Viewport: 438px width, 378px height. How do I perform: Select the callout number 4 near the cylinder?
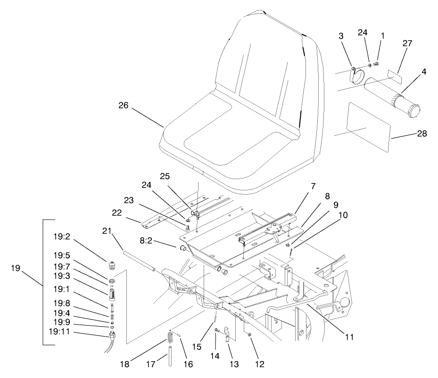pos(424,72)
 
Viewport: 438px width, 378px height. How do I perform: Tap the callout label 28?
pos(422,133)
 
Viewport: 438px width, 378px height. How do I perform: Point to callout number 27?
pos(407,43)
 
